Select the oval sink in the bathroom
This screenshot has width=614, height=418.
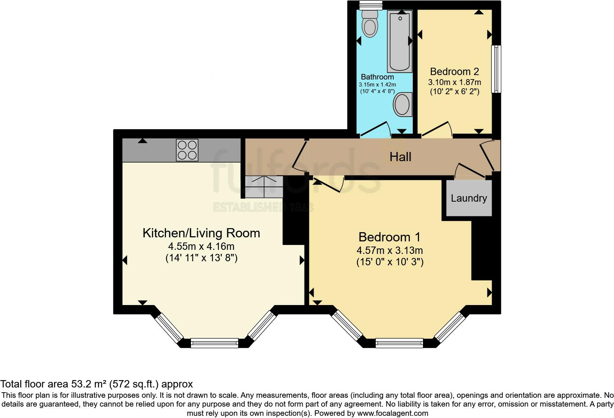point(402,104)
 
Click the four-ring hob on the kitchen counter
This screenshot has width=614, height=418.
point(187,150)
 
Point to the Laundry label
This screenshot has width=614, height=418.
point(469,198)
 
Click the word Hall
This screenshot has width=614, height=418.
point(400,157)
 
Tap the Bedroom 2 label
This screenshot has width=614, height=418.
point(455,71)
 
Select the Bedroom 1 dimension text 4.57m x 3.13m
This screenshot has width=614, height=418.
point(390,251)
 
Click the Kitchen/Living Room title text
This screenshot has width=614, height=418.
point(201,233)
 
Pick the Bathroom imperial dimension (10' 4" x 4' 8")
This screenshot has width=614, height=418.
point(377,91)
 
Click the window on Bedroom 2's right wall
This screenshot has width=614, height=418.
point(496,69)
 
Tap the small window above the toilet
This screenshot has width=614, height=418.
point(371,5)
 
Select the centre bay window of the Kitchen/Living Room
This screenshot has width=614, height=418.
point(214,343)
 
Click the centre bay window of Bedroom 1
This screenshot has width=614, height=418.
point(399,343)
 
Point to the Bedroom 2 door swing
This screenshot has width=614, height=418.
point(438,129)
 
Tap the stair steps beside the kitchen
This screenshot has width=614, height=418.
point(264,186)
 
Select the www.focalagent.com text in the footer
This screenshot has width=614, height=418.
point(392,413)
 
